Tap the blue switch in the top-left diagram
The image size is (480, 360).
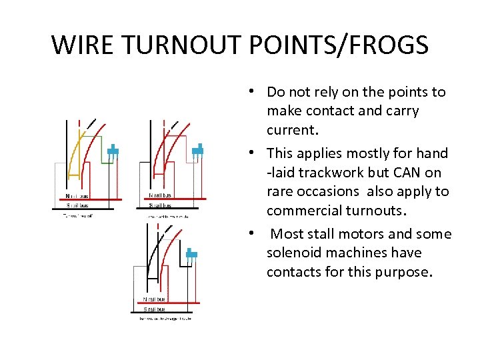point(113,151)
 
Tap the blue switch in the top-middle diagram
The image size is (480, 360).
point(197,151)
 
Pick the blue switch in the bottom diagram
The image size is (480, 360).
point(192,253)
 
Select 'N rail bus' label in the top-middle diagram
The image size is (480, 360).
point(160,196)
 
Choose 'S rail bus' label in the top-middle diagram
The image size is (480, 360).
point(160,205)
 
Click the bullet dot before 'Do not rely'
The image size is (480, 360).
point(256,91)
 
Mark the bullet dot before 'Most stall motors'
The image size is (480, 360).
point(256,234)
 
